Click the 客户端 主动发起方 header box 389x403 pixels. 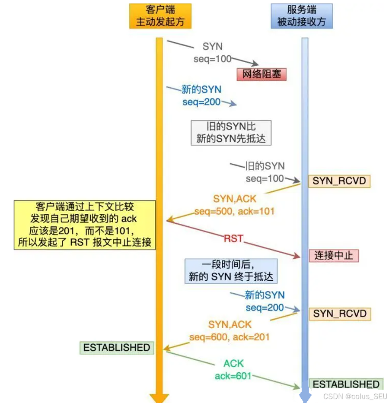[x=160, y=16]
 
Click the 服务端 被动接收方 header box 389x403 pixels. [x=302, y=16]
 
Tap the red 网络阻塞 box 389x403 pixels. [x=261, y=74]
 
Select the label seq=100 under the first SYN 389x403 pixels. [x=213, y=59]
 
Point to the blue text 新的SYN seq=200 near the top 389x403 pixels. [x=201, y=96]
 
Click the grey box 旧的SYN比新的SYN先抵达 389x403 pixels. [x=231, y=133]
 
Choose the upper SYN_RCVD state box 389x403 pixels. [x=339, y=181]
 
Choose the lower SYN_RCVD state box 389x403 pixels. [x=340, y=314]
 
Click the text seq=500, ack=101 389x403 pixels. [x=234, y=212]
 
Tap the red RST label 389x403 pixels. [x=233, y=238]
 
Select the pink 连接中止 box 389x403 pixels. [x=334, y=255]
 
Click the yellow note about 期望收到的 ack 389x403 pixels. [x=85, y=225]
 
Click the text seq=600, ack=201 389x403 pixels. [x=229, y=337]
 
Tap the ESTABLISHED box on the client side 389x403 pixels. [x=117, y=348]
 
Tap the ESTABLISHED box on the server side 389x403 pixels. [x=346, y=384]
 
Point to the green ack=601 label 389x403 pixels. [x=233, y=376]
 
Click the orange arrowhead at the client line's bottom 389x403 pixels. [x=159, y=398]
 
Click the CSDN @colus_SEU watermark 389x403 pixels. [x=356, y=396]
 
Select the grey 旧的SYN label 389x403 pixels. [x=265, y=166]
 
